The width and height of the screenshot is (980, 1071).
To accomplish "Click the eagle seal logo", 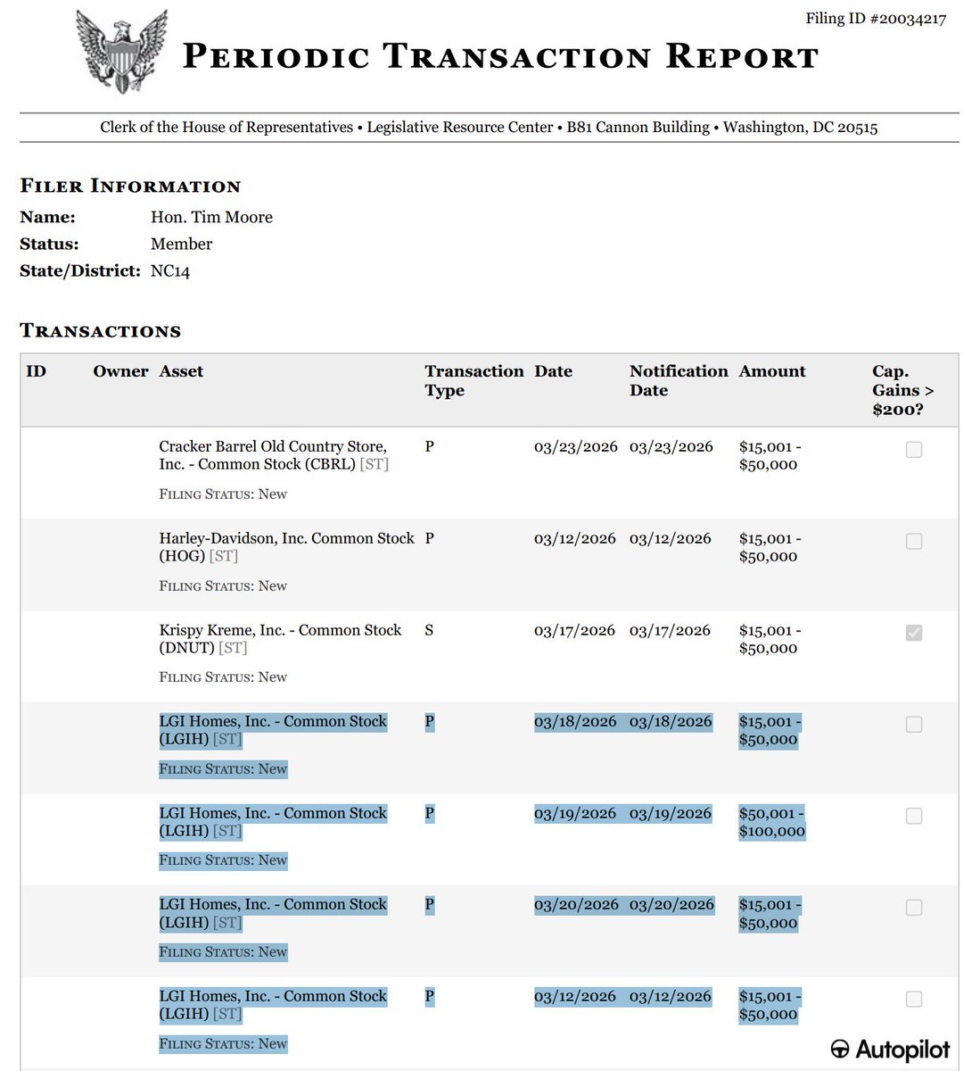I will pos(121,51).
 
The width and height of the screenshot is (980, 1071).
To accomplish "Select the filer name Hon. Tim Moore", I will pos(211,217).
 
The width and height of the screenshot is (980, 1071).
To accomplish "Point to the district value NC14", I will pos(170,270).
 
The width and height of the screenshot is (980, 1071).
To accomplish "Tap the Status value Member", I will pos(181,244).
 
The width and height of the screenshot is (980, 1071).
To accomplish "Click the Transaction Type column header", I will pos(474,380).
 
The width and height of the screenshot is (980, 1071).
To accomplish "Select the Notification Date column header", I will pos(678,380).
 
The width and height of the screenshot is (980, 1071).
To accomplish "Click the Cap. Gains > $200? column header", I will pos(902,390).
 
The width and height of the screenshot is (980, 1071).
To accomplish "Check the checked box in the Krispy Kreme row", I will pos(914,633).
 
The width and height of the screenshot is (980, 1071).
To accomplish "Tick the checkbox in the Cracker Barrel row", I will pos(914,450).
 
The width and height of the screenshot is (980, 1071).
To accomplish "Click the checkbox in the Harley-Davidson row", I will pos(914,542).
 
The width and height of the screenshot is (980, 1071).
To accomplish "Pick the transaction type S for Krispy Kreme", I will pos(429,630).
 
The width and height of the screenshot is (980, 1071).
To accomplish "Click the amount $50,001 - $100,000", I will pos(771,822).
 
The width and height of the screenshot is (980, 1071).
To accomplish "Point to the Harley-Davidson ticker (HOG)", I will pos(182,556).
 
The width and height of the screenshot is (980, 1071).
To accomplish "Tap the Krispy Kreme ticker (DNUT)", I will pos(186,648).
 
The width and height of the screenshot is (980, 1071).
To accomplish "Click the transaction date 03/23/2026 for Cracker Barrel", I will pos(575,446).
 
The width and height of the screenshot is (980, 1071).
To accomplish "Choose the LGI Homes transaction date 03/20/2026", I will pos(576,904).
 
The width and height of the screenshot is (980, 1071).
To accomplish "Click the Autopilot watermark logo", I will pos(890,1050).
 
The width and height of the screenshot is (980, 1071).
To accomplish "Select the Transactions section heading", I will pos(100,331).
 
